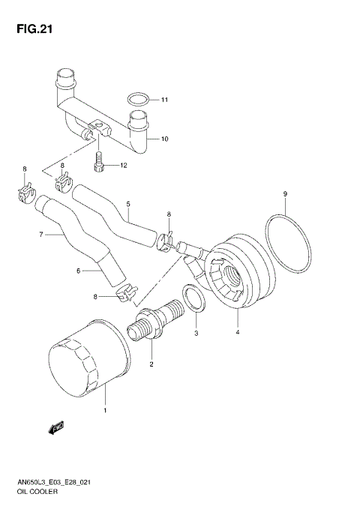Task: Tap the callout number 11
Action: click(x=165, y=100)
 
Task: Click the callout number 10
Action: click(x=165, y=139)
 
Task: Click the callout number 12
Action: click(x=124, y=165)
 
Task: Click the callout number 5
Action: click(x=128, y=204)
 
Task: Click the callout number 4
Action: click(x=238, y=332)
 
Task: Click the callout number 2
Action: click(x=151, y=365)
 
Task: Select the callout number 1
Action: click(x=105, y=410)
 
